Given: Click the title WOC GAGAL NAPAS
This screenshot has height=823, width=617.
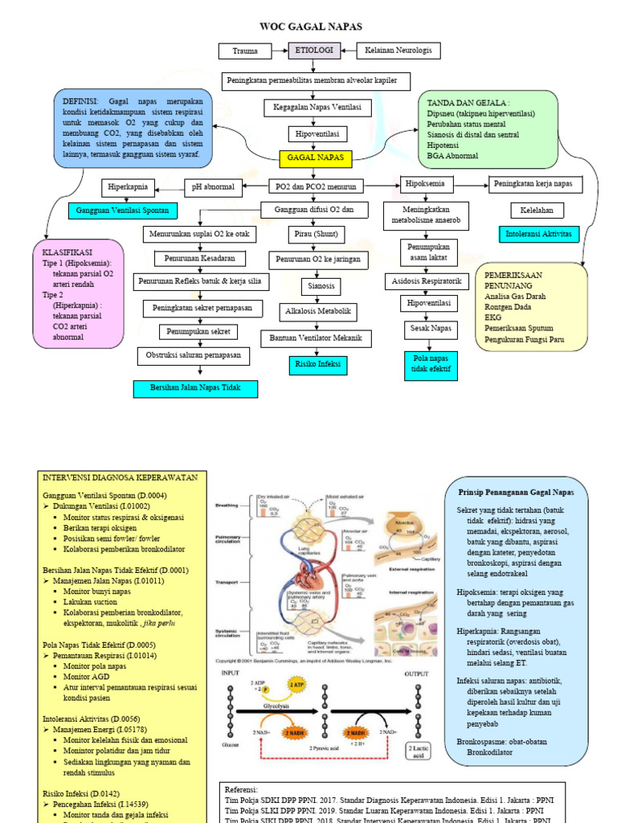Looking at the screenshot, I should click(x=309, y=27).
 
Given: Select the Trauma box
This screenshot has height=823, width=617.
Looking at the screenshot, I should click(x=245, y=51).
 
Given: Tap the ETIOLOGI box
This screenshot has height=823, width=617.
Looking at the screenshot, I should click(x=314, y=51).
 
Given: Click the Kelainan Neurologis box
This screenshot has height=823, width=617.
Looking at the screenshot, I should click(x=398, y=51).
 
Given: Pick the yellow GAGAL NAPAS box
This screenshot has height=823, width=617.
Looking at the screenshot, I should click(x=315, y=158).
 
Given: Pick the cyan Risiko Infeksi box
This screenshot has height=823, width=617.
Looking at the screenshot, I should click(x=315, y=364).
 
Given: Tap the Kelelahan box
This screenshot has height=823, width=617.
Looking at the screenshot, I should click(x=537, y=211).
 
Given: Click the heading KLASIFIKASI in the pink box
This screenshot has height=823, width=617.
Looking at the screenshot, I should click(x=67, y=252).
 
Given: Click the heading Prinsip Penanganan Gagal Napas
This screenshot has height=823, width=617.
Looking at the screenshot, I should click(x=516, y=491).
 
